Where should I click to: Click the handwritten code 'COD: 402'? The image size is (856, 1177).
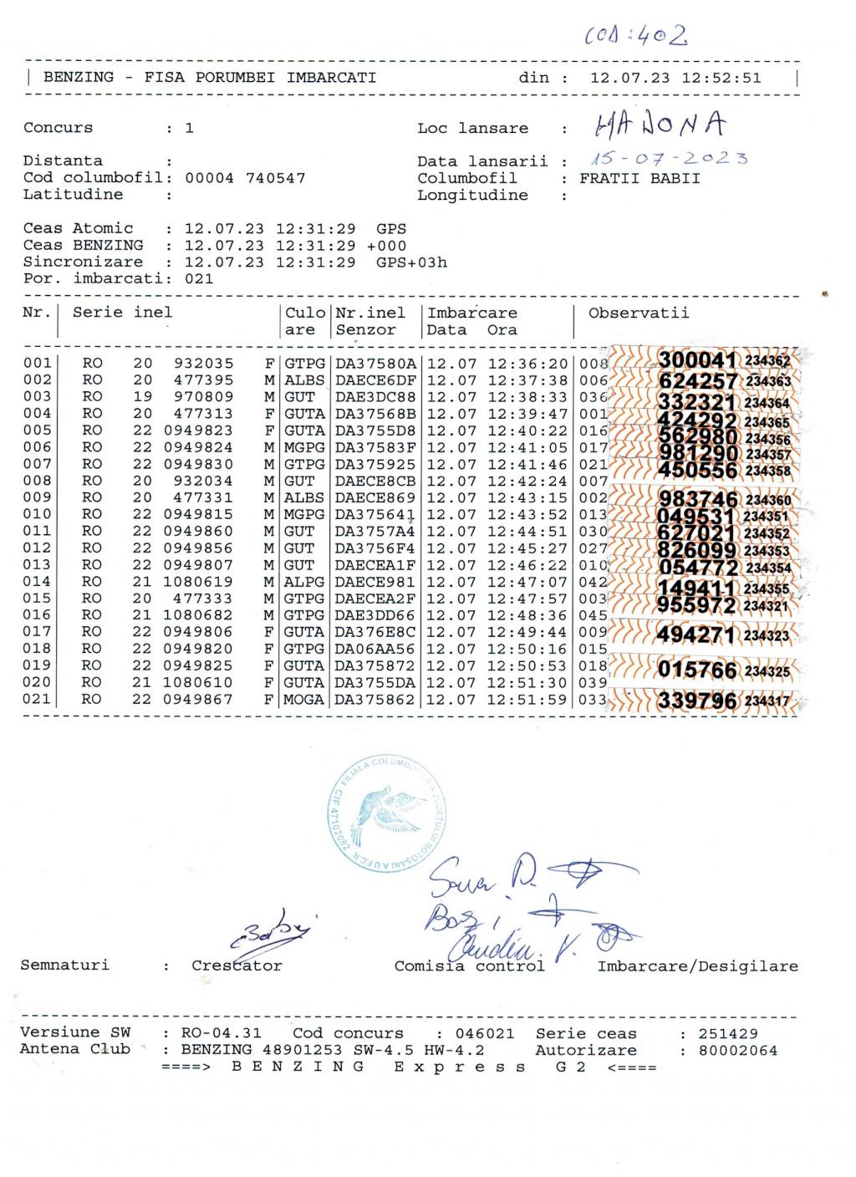(x=637, y=35)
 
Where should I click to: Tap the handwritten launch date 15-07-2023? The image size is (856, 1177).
(x=669, y=158)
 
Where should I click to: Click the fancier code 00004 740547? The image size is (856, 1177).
(x=245, y=178)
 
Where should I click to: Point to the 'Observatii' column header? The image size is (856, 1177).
(x=639, y=313)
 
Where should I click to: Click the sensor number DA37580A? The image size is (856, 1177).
(x=375, y=364)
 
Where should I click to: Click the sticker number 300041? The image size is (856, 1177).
(x=697, y=360)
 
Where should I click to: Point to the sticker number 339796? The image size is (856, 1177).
(x=697, y=701)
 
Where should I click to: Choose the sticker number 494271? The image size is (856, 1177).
(x=697, y=635)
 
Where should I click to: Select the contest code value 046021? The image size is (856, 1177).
(x=485, y=1033)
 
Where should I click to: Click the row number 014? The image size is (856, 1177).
(x=37, y=582)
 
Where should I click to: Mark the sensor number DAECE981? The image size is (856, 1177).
(x=375, y=582)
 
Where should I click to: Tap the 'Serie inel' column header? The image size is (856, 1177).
(x=122, y=313)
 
